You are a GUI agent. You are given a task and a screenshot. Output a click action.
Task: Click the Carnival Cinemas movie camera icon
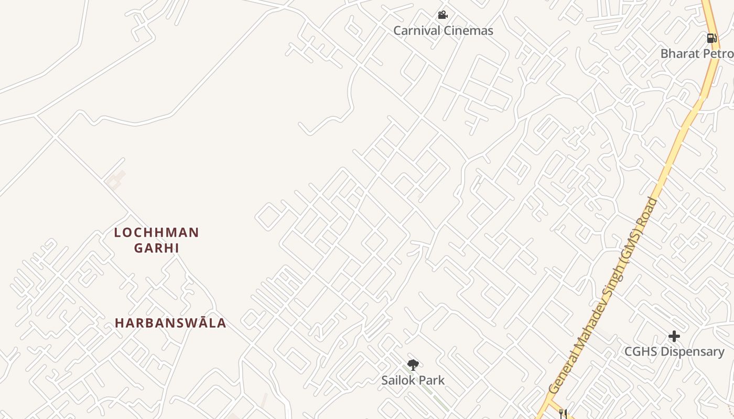click(x=442, y=15)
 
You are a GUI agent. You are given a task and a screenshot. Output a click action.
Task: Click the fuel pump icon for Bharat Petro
click(x=711, y=38)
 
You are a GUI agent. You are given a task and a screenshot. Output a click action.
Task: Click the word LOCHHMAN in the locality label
click(x=157, y=233)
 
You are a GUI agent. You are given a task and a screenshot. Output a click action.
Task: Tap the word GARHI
click(x=157, y=248)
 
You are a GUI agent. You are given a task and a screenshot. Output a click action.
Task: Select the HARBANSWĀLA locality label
click(x=170, y=323)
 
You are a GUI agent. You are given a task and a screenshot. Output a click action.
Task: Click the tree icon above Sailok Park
click(x=413, y=365)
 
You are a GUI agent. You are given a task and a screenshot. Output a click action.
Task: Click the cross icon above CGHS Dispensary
click(x=674, y=336)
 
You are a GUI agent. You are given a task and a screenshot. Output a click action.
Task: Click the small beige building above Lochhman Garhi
click(x=116, y=180)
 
